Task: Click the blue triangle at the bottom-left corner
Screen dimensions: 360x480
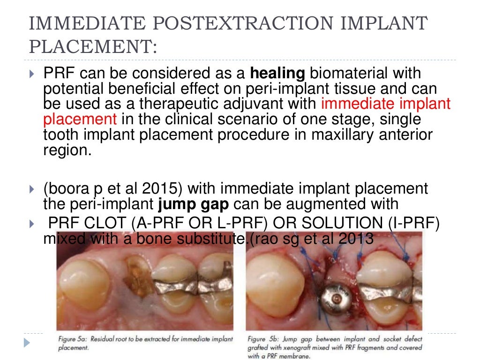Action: point(27,343)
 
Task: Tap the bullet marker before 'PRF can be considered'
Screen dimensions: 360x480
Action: point(31,74)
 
